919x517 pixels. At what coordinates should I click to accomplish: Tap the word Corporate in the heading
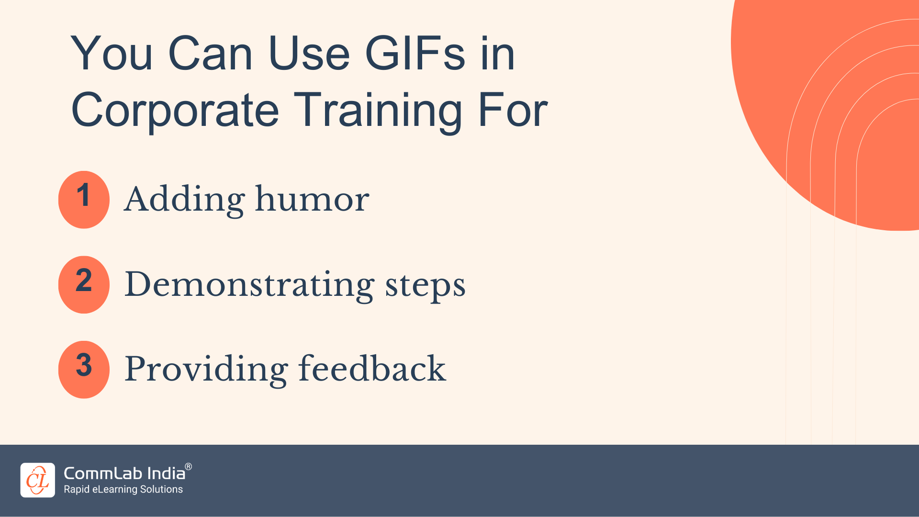(175, 111)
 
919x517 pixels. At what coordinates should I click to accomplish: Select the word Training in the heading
(378, 111)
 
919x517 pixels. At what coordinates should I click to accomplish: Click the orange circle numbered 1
(84, 199)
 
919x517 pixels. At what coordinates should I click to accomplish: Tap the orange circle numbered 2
(84, 284)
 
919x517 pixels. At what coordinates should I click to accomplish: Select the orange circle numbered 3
(84, 369)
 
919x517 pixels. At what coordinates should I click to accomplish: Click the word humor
(312, 199)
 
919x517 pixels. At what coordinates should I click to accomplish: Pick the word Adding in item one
(184, 199)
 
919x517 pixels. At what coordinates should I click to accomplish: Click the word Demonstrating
(249, 284)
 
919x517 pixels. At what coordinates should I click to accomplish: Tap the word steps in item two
(425, 285)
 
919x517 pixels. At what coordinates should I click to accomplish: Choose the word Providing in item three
(206, 369)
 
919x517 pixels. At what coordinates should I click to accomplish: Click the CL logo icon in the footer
(38, 480)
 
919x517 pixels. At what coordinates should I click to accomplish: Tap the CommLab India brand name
(124, 473)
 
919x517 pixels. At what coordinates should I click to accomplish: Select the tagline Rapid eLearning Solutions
(123, 489)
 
